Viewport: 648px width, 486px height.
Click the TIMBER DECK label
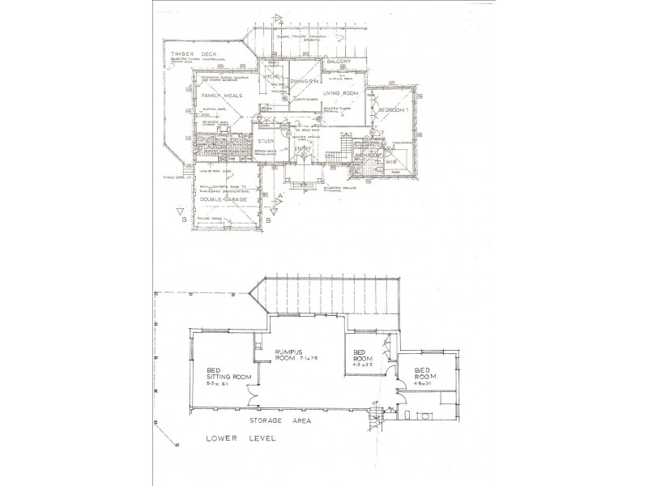click(189, 54)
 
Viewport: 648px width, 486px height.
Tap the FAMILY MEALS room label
click(217, 96)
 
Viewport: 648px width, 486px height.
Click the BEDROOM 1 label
click(390, 109)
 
